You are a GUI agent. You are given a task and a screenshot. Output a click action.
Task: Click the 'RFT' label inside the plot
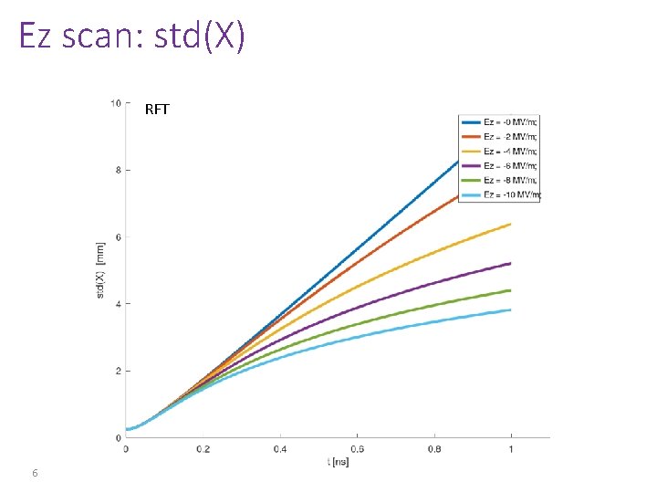157,110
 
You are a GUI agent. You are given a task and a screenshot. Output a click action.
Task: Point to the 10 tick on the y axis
115,102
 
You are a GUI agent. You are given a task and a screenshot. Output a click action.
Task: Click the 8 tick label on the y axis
117,170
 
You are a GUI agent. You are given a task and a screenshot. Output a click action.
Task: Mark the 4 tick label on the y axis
117,304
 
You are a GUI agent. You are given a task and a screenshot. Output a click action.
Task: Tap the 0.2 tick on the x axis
203,449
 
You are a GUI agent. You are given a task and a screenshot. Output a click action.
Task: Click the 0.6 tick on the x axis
356,449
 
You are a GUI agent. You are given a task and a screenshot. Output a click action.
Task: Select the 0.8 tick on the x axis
433,449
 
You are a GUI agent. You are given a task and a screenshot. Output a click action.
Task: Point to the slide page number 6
34,473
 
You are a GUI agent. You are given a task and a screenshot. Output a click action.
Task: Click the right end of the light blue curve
510,309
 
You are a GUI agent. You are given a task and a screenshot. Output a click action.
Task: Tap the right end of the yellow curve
510,224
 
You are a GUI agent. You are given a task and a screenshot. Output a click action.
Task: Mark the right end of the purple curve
510,263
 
